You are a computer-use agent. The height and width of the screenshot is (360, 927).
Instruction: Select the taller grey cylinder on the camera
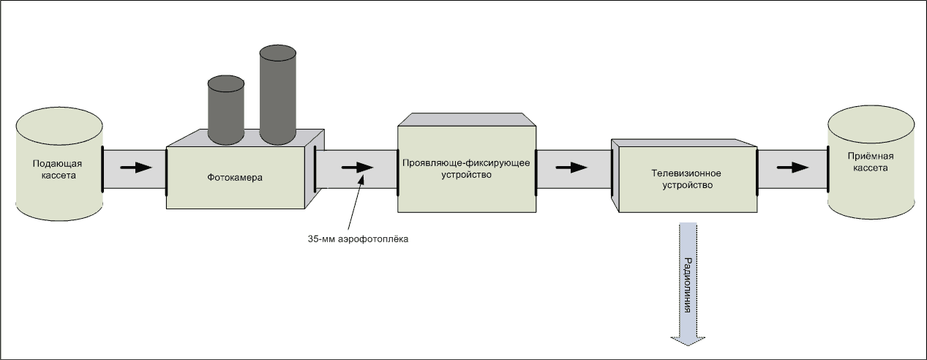coord(277,95)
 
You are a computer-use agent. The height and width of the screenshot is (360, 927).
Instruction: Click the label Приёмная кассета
coord(870,162)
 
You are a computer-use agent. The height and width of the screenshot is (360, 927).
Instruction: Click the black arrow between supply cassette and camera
coord(136,167)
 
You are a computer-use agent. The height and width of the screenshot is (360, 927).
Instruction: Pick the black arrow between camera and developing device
coord(357,167)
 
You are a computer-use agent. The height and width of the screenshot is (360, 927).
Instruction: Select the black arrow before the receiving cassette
coord(792,167)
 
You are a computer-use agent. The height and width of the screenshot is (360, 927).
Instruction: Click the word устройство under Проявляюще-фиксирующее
coord(466,176)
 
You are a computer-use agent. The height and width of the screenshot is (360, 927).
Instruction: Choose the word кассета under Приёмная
coord(870,168)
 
